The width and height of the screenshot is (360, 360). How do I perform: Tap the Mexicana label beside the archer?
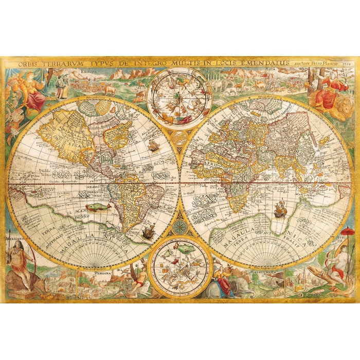click(16, 239)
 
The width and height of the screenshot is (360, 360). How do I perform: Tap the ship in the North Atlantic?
click(153, 145)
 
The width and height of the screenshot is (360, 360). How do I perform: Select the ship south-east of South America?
click(148, 232)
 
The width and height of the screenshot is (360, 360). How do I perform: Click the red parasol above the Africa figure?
click(348, 231)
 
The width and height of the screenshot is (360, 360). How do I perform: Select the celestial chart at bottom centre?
click(180, 267)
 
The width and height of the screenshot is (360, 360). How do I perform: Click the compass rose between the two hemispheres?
click(180, 226)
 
